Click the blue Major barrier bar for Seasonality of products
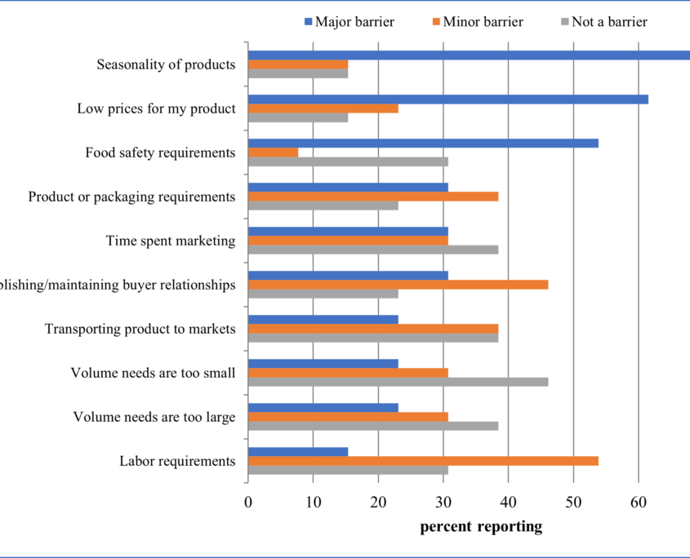(x=469, y=55)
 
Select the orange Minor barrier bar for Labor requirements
(x=423, y=460)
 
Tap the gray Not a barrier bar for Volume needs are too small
(x=398, y=382)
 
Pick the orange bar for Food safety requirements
(x=273, y=152)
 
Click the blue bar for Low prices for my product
(x=447, y=100)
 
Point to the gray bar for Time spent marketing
(x=372, y=250)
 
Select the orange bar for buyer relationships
(x=398, y=284)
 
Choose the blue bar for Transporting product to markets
(x=323, y=319)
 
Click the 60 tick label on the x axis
(x=639, y=503)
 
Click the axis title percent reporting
(x=481, y=527)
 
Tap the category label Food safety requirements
(x=160, y=153)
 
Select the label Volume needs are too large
(x=154, y=417)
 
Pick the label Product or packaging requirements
(x=131, y=197)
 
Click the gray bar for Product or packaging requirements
(x=323, y=206)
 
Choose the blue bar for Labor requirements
(x=297, y=451)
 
